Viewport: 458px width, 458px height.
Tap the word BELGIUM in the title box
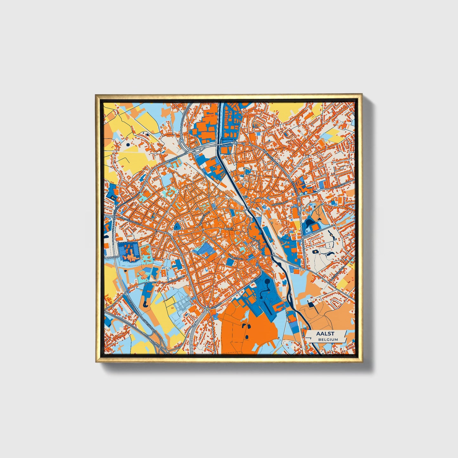(x=328, y=339)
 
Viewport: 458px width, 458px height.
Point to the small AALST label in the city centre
(x=228, y=228)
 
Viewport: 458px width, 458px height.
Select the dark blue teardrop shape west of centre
(x=177, y=226)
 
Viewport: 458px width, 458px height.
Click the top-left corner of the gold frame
(x=95, y=94)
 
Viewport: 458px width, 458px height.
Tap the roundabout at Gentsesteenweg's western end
(x=114, y=217)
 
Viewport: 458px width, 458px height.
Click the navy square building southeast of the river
(x=311, y=304)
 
